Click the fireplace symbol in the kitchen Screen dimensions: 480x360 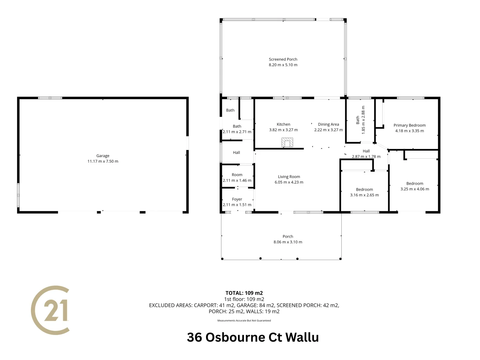pos(287,142)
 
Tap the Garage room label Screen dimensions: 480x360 pos(103,156)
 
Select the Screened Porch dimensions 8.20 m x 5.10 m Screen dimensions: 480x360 pos(283,65)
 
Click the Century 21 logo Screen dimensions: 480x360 pos(50,310)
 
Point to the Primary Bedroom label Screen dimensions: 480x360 pos(409,125)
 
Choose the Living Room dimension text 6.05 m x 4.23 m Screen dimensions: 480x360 pos(289,182)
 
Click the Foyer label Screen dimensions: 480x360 pos(237,199)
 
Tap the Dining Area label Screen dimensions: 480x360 pos(328,124)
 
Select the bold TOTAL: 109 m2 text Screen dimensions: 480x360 pos(244,293)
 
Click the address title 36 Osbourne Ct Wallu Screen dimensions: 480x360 pos(253,337)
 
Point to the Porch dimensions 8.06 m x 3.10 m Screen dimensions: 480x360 pos(288,242)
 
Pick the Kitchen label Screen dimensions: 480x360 pos(283,124)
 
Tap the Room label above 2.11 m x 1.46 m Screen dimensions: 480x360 pos(237,175)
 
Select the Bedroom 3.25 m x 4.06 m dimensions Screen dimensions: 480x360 pos(415,189)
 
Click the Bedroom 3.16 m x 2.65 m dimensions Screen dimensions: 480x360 pos(364,195)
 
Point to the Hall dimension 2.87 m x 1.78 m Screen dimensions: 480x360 pos(366,157)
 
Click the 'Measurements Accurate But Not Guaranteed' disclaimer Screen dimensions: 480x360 pos(244,321)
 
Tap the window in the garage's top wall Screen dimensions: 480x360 pos(50,98)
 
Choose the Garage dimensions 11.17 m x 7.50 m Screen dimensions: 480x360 pos(103,161)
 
